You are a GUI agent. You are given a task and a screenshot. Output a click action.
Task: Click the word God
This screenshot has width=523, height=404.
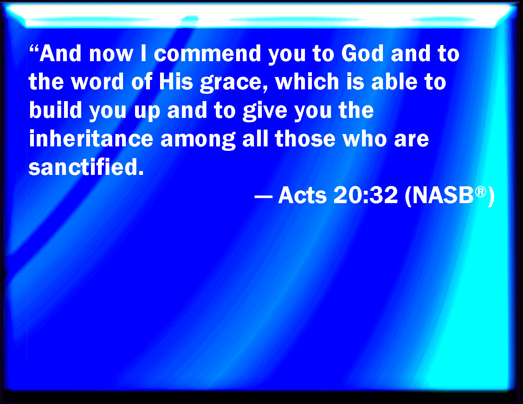coord(362,53)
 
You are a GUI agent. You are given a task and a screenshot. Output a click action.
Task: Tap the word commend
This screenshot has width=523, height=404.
coord(208,53)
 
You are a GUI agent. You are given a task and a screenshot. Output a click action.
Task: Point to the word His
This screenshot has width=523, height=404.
coord(176,81)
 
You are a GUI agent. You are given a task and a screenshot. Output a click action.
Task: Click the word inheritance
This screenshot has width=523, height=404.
coord(91,138)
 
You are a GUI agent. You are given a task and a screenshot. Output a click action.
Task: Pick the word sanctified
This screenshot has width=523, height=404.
coord(86,166)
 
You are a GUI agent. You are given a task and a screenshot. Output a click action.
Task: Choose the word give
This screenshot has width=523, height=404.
coord(265,112)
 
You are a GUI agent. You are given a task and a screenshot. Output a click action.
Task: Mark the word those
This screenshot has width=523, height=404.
coord(305,138)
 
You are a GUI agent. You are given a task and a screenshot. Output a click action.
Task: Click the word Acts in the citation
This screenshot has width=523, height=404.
coord(302,195)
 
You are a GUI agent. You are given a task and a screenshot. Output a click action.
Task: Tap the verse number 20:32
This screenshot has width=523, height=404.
coord(366,195)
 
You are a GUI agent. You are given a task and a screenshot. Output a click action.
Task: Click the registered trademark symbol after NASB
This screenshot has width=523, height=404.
coord(481,192)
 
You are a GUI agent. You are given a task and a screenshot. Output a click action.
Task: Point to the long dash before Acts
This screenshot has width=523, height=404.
coord(263,196)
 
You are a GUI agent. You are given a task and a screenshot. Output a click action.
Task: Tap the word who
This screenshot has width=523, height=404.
coord(365,138)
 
